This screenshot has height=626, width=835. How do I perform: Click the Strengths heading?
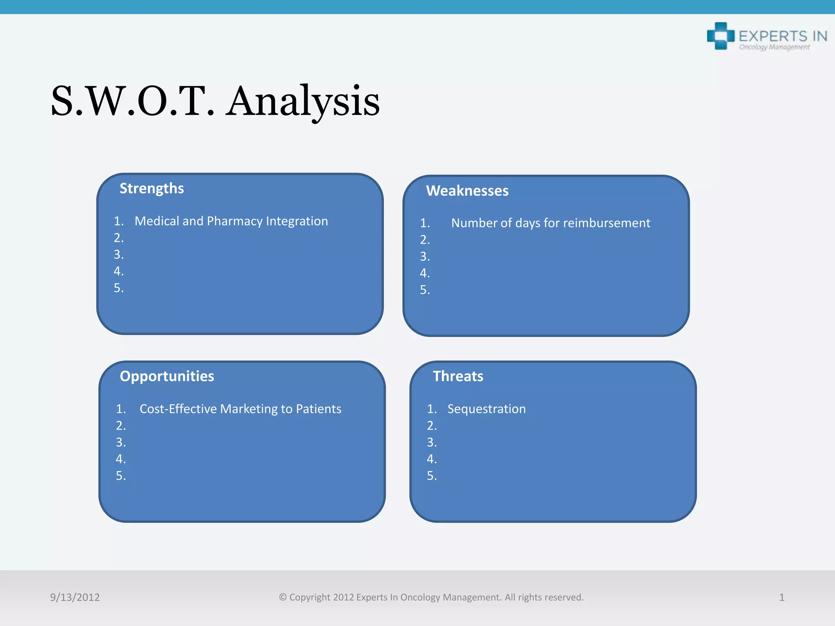coord(152,189)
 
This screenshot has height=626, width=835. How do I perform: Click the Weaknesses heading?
coord(467,191)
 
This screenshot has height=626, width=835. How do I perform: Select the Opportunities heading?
coord(167,376)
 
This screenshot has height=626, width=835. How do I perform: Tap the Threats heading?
coord(458,376)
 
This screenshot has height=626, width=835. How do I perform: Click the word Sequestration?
coord(486,409)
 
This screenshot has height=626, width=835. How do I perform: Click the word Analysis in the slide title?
coord(303,101)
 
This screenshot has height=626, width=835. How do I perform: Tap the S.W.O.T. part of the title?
coord(132,101)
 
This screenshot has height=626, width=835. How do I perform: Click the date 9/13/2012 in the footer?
coord(75,597)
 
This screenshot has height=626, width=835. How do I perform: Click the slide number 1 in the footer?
coord(782,597)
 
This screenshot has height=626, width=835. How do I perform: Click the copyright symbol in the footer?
coord(283,597)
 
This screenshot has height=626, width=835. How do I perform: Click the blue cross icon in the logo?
coord(720,36)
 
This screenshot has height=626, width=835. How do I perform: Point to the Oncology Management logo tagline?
coord(774,47)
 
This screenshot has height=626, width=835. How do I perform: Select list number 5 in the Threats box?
coord(431,476)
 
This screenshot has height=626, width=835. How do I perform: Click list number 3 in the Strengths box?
coord(118,255)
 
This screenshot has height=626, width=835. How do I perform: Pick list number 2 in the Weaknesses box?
coord(424,240)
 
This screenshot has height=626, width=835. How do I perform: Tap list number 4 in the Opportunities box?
coord(121,459)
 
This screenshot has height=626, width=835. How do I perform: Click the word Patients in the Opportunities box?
coord(318,409)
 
